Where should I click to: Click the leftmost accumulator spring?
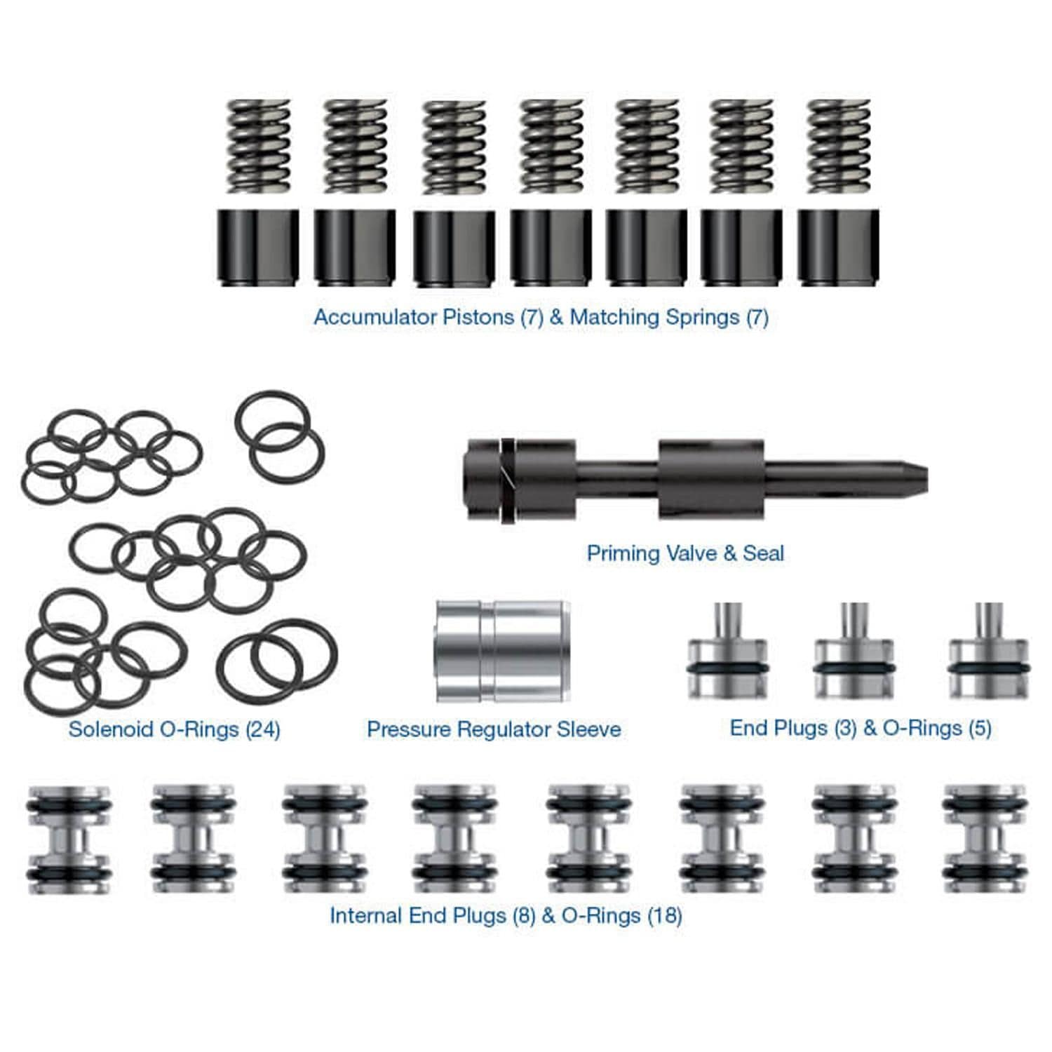coord(258,146)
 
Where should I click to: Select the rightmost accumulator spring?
coord(839,146)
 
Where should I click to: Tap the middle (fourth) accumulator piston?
coord(551,247)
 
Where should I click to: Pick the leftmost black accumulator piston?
coord(258,247)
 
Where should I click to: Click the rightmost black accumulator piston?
coord(838,247)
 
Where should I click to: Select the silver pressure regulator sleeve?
coord(502,651)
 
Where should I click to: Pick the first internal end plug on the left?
coord(69,839)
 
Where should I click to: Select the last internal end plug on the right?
coord(985,839)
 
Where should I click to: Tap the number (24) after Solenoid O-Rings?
coord(263,729)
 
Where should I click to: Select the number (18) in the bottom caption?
coord(664,915)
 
